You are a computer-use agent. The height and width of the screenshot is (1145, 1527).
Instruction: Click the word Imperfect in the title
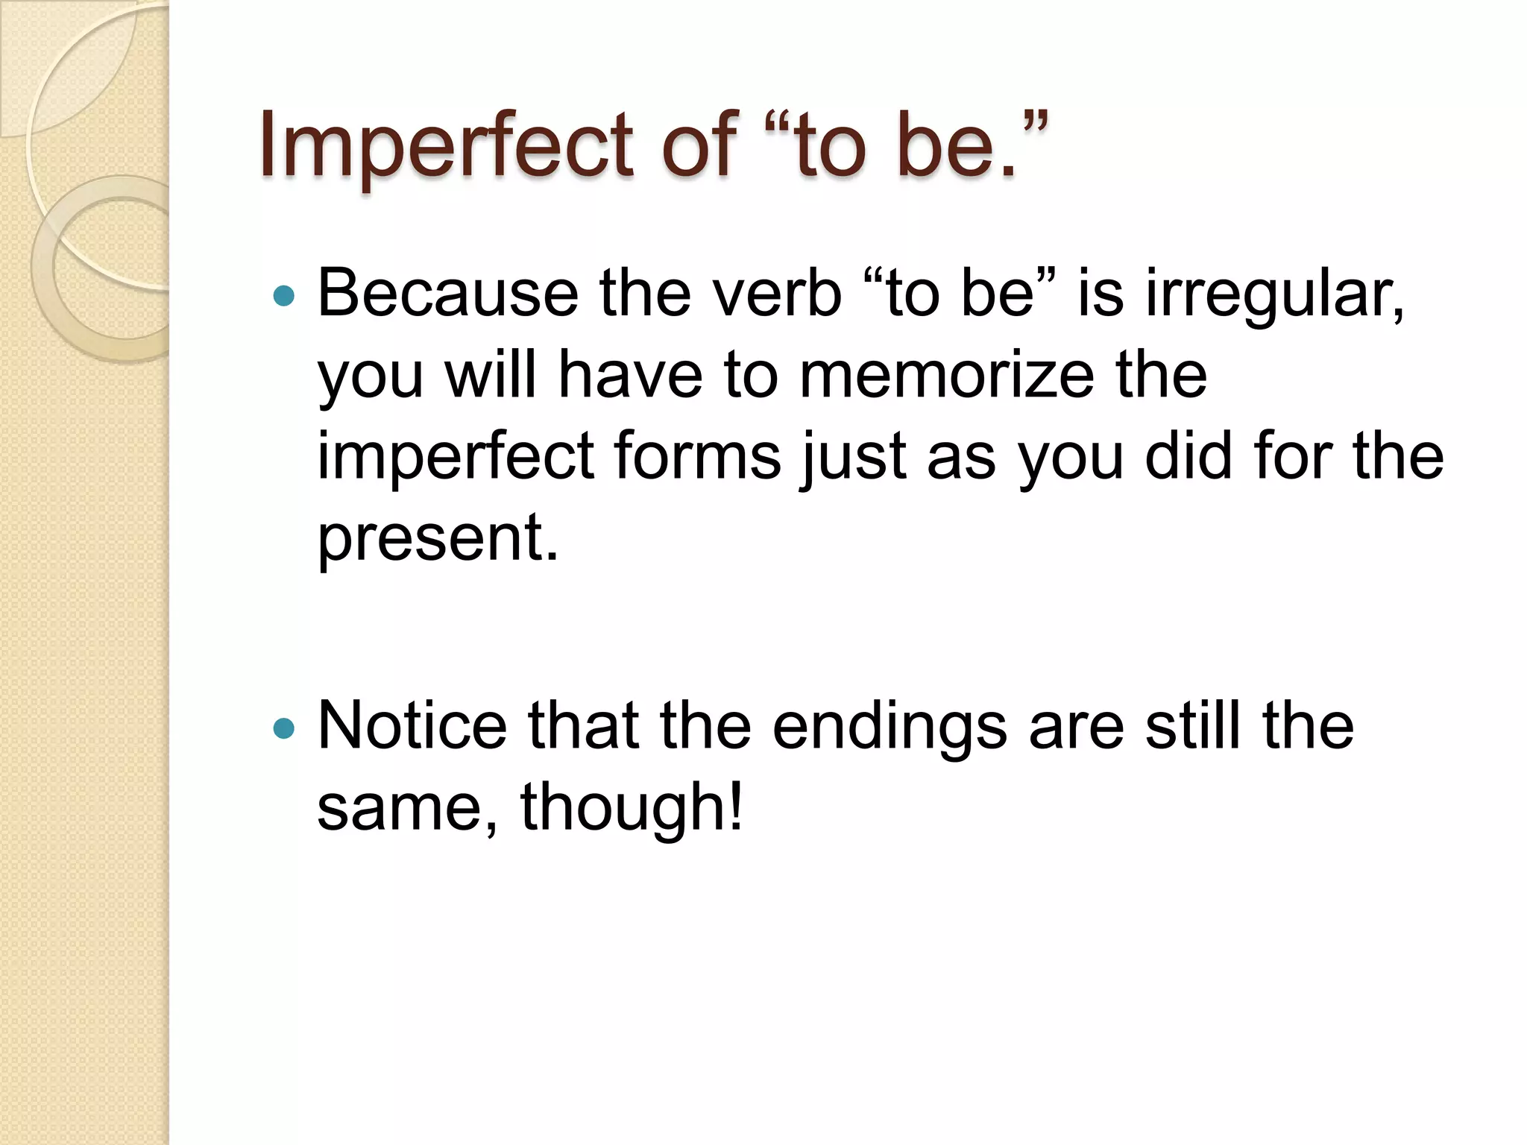446,146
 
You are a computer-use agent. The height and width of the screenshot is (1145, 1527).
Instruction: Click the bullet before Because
284,297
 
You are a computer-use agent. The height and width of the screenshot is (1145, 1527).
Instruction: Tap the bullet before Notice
284,728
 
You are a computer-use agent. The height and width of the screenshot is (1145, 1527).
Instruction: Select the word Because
447,294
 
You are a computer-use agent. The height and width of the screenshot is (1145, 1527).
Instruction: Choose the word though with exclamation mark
631,808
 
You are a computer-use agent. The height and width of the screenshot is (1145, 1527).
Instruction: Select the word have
630,375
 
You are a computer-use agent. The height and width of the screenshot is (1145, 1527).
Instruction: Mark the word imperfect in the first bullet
456,457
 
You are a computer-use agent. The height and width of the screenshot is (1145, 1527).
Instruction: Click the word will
491,375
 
